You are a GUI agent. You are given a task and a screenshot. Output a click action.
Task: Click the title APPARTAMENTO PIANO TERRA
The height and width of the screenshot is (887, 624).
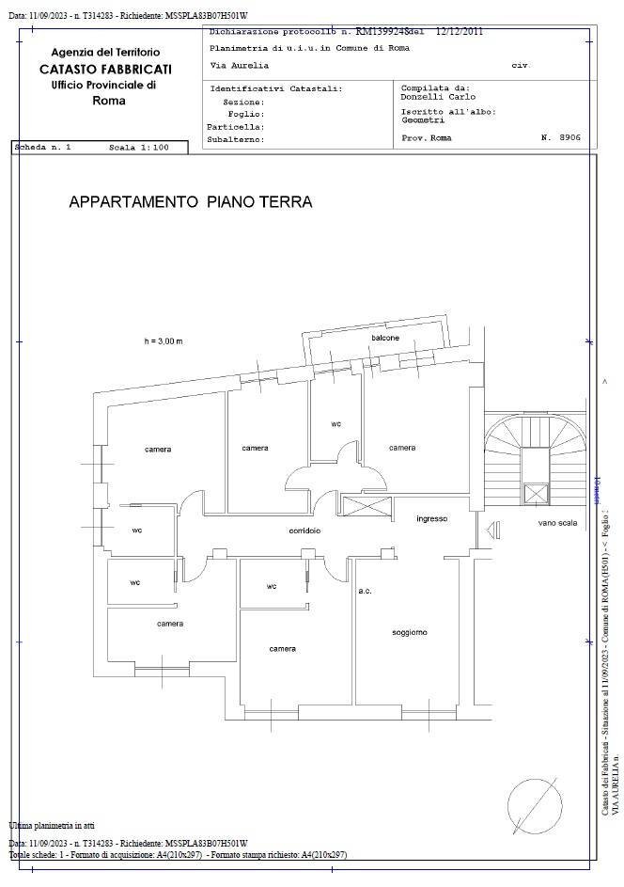pyautogui.click(x=190, y=202)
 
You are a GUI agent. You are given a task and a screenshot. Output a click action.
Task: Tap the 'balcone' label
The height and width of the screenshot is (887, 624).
pyautogui.click(x=384, y=338)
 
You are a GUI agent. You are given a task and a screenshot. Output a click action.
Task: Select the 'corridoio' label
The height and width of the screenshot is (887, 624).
pyautogui.click(x=304, y=531)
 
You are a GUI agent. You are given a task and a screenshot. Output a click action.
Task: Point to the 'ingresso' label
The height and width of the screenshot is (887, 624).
pyautogui.click(x=432, y=518)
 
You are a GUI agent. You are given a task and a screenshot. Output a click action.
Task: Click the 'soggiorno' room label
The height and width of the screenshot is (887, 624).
pyautogui.click(x=410, y=632)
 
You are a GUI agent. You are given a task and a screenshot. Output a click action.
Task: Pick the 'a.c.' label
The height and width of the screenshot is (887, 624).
pyautogui.click(x=366, y=591)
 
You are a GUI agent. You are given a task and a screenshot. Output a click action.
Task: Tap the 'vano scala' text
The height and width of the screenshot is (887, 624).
pyautogui.click(x=557, y=523)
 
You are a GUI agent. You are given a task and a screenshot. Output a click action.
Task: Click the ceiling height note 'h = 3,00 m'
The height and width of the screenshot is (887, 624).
pyautogui.click(x=164, y=341)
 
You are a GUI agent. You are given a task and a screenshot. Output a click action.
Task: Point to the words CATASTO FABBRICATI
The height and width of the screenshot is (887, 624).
pyautogui.click(x=105, y=69)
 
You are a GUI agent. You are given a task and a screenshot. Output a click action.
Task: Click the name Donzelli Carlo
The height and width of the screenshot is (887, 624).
pyautogui.click(x=434, y=97)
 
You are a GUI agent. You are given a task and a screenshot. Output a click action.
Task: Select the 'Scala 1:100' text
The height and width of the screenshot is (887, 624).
pyautogui.click(x=139, y=149)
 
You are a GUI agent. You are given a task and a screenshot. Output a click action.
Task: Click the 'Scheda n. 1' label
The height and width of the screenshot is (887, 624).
pyautogui.click(x=43, y=149)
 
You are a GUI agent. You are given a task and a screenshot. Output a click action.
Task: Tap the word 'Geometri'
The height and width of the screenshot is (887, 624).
pyautogui.click(x=424, y=120)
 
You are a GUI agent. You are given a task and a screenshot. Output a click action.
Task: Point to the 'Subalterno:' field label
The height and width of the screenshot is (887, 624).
pyautogui.click(x=235, y=139)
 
